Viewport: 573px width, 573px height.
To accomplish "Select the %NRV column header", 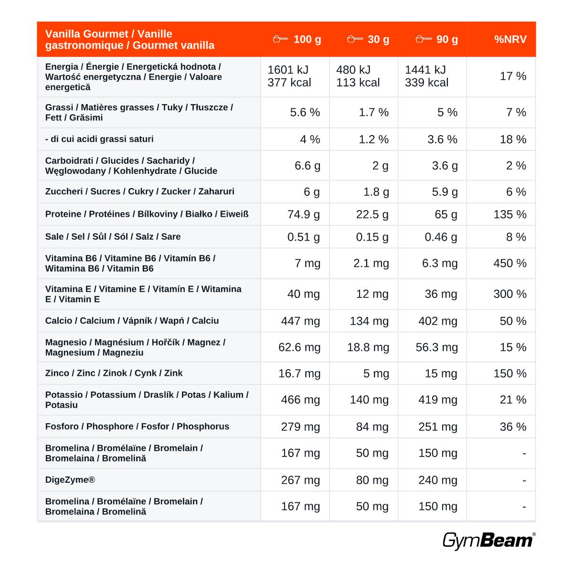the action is click(x=510, y=39).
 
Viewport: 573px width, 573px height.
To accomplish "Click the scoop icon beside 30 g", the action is click(x=355, y=39).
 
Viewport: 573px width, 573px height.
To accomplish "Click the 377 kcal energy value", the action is click(x=289, y=82).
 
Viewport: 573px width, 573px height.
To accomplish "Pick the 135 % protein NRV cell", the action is click(x=509, y=214).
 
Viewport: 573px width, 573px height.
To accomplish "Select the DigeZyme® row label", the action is click(x=70, y=479).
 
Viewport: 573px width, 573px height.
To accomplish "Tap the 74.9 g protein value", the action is click(x=303, y=214).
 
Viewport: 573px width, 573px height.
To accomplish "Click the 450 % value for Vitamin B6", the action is click(x=509, y=263).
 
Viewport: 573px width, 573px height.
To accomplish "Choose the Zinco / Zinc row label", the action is click(x=114, y=373).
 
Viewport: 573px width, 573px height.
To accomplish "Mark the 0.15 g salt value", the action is click(x=372, y=237).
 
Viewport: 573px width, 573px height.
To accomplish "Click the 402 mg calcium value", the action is click(x=438, y=321).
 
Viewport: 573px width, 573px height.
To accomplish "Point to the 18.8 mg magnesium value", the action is click(x=368, y=347).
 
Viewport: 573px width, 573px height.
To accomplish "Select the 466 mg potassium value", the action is click(x=300, y=400).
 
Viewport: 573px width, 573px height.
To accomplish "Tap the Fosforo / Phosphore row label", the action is click(x=137, y=426).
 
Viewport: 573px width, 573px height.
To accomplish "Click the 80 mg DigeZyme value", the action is click(x=372, y=480).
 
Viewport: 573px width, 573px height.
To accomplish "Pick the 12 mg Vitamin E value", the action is click(x=372, y=294).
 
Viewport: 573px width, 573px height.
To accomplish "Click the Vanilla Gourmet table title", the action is click(x=130, y=40).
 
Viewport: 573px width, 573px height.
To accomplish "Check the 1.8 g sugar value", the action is click(x=376, y=192).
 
